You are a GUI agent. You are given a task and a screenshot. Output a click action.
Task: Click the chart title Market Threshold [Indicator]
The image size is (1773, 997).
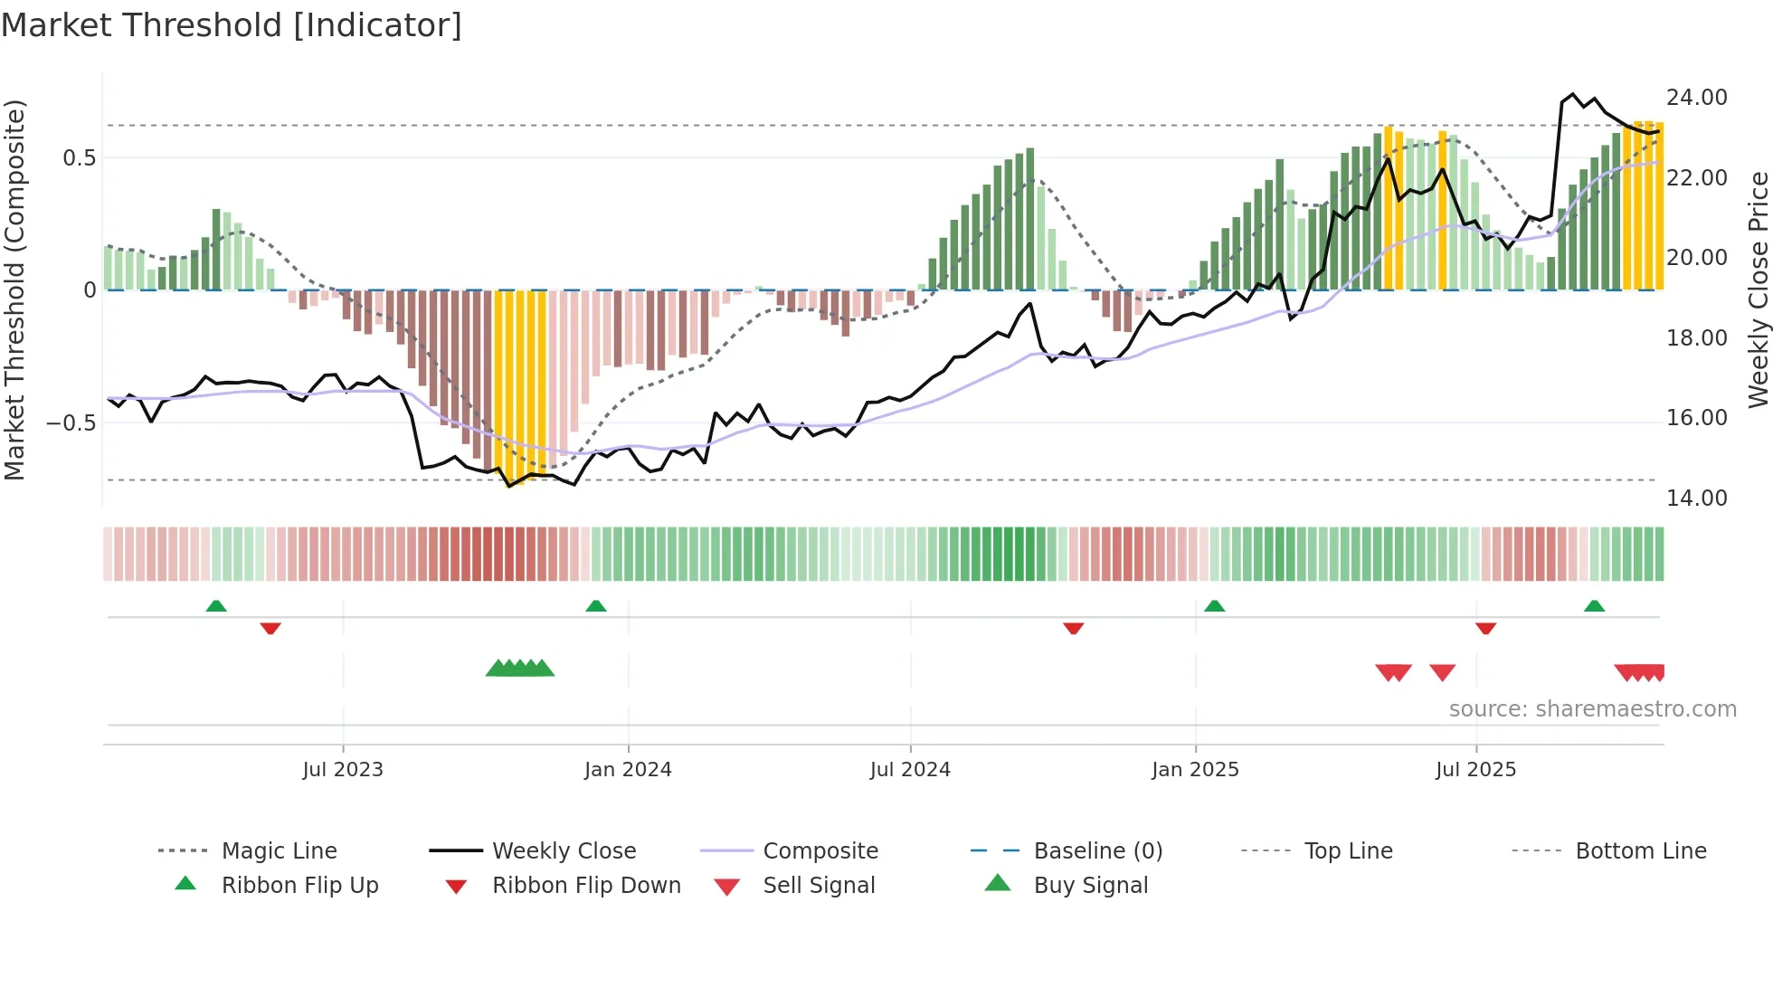click(232, 25)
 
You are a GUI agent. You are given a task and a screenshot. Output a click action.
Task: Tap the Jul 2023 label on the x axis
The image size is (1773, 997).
click(343, 770)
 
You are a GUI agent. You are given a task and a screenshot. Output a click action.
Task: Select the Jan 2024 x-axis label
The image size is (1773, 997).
click(628, 770)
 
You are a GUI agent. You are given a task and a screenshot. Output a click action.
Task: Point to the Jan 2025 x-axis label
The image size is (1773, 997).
click(1195, 770)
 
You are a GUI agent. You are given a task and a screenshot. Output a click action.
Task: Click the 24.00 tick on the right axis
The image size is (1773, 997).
click(1696, 98)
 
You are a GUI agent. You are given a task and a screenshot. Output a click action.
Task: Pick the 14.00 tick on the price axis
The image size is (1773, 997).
click(1696, 498)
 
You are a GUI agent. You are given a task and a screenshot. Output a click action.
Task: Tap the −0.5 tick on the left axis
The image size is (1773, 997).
click(71, 423)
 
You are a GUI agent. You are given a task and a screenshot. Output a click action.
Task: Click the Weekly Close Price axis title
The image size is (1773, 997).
click(1758, 290)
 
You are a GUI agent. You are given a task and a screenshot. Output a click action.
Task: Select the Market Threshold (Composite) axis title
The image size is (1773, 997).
click(14, 290)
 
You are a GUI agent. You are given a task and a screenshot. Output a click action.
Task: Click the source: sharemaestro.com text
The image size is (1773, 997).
click(1592, 709)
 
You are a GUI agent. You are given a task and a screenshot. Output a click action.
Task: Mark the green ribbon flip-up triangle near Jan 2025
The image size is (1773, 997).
click(1214, 606)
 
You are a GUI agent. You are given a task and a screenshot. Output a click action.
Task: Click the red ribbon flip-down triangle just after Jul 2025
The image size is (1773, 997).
click(1485, 628)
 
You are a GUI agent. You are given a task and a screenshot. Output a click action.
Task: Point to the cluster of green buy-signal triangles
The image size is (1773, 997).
click(520, 669)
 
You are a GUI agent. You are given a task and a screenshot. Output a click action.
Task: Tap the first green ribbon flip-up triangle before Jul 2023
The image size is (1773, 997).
click(216, 606)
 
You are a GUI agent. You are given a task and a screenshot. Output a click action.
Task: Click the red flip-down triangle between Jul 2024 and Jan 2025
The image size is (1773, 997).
click(1074, 628)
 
